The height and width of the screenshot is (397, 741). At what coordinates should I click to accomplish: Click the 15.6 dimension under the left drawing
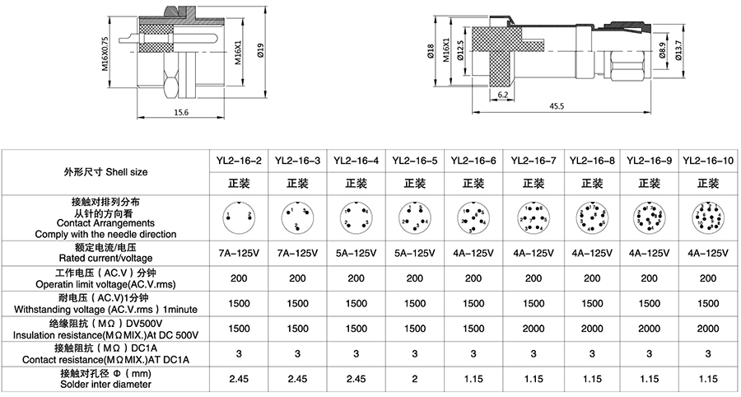coord(180,112)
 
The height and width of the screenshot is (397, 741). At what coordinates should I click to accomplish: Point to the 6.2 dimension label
coord(502,95)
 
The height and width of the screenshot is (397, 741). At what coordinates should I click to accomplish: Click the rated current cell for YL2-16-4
coord(356,254)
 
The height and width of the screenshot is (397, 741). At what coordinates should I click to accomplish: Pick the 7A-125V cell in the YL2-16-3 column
coord(296,254)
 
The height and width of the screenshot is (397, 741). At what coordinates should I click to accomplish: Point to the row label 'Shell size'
coord(105,172)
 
